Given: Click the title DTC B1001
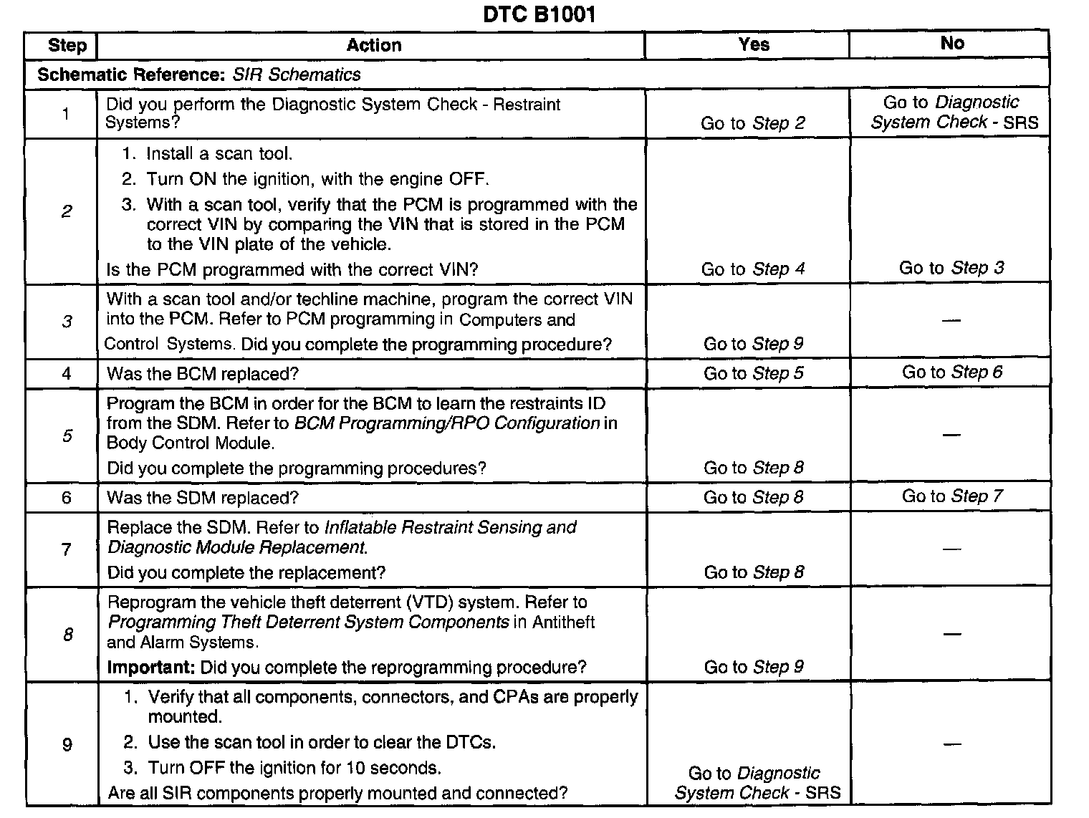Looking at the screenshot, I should point(539,14).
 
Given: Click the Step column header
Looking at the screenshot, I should point(67,46).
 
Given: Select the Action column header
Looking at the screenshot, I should point(373,46).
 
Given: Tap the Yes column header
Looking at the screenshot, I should point(753,44).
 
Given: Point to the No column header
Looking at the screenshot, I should point(951,44).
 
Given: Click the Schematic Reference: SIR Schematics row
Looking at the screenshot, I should point(199,74).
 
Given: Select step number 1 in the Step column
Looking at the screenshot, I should point(66,113).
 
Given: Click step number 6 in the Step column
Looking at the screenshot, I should point(67,498).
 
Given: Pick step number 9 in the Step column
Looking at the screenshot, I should point(67,745).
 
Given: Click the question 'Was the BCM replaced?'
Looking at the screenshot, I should point(203,374).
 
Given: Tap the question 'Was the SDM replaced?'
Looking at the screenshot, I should point(203,498).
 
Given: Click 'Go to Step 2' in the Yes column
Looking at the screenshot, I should point(752,123).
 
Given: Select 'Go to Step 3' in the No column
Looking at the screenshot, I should point(951,268).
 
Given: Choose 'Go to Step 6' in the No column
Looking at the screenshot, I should point(951,372).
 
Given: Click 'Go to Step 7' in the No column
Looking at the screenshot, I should point(951,496).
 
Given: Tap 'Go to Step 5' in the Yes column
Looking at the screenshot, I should point(753,373).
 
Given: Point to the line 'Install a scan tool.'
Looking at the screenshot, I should point(219,154).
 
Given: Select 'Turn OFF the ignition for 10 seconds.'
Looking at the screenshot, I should point(294,769).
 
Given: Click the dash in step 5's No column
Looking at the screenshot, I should point(951,435).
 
